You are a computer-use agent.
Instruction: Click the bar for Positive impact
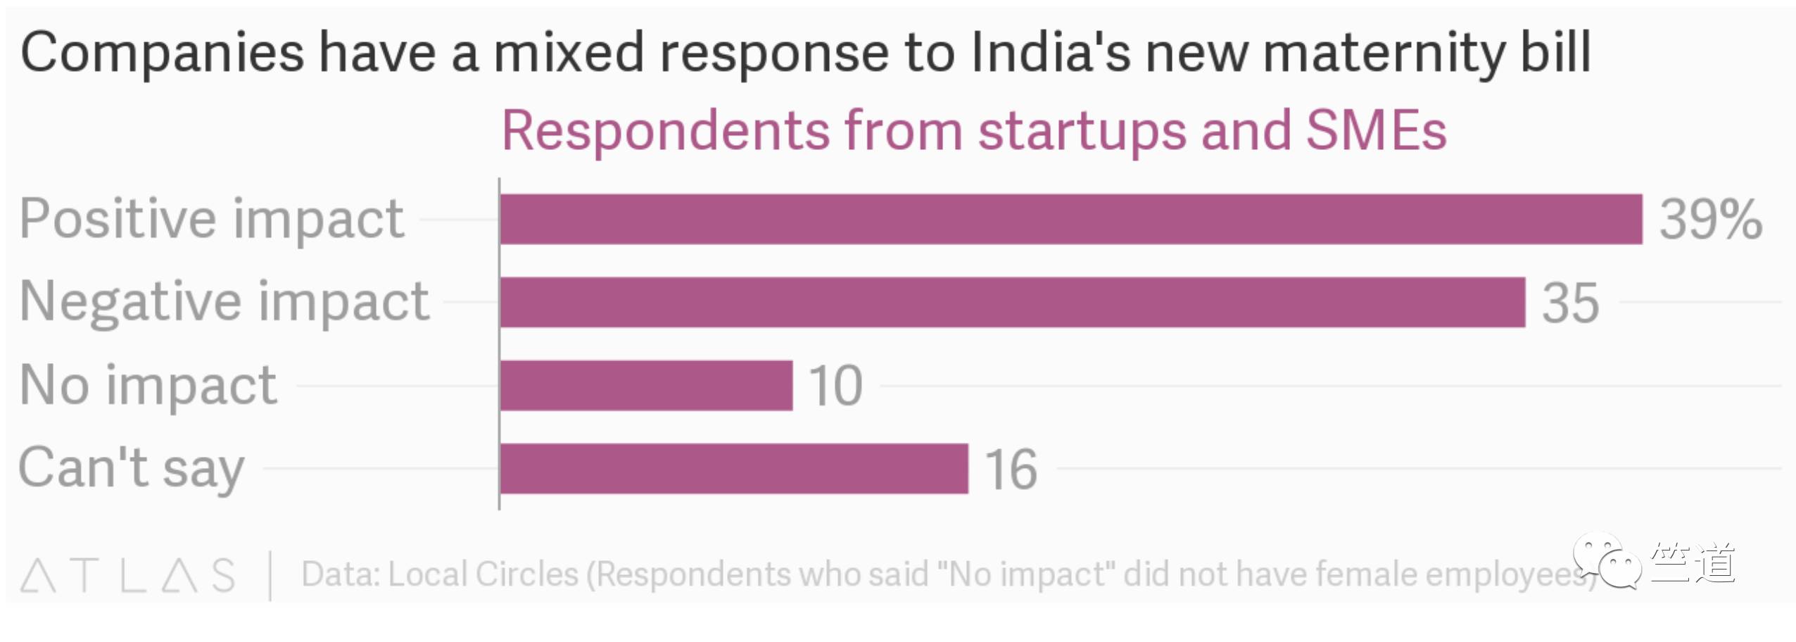[1070, 220]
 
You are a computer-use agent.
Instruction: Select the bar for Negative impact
[1012, 302]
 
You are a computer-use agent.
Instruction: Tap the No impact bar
[646, 385]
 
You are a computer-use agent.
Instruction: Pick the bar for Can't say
[734, 468]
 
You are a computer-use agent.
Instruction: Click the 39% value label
[1710, 220]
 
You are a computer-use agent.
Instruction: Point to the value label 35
[1570, 303]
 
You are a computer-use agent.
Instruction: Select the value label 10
[835, 386]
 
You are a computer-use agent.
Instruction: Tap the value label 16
[1011, 470]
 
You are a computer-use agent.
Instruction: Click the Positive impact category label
[212, 220]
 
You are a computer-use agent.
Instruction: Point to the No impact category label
[148, 386]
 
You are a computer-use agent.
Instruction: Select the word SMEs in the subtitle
[1376, 131]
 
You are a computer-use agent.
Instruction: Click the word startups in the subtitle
[1082, 132]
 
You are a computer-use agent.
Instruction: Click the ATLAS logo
[127, 575]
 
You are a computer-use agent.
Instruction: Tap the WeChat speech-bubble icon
[1606, 560]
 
